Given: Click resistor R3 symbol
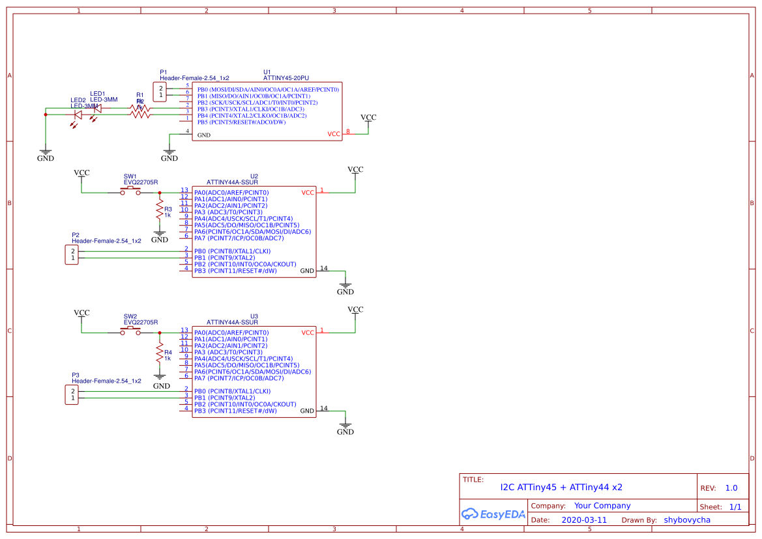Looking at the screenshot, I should (159, 210).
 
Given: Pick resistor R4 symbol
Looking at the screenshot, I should (159, 353).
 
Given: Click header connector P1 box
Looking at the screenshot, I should (160, 92).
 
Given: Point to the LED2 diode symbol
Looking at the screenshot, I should (78, 115).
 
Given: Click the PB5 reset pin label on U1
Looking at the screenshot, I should (241, 122).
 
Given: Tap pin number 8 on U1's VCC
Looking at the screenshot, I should (348, 131).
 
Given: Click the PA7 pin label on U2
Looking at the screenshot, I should (239, 238).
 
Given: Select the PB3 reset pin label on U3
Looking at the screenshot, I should (235, 411).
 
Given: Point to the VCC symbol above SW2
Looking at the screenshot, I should (81, 313).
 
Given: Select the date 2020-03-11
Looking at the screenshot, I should (583, 520).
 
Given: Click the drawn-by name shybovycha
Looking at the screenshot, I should (686, 520).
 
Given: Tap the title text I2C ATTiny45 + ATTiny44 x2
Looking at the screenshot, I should (561, 487).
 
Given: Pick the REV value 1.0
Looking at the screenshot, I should (731, 488).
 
